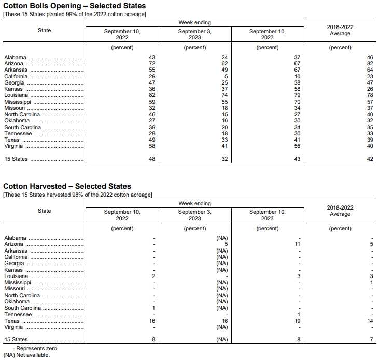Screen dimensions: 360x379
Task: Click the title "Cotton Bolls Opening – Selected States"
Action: coord(74,6)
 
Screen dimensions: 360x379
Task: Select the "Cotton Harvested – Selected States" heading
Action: coord(67,186)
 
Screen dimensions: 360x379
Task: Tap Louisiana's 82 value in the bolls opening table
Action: coord(151,95)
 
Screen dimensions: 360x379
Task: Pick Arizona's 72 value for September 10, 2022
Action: coord(151,63)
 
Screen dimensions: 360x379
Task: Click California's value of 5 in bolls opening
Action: coord(226,76)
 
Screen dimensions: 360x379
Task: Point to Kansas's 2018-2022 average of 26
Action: coord(370,89)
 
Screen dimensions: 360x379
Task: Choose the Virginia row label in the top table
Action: coord(13,146)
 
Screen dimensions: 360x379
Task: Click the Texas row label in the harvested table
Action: coord(12,321)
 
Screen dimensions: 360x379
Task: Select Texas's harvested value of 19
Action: coord(297,321)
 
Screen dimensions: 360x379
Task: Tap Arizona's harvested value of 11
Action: coord(297,244)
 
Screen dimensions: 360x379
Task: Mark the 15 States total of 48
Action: coord(151,159)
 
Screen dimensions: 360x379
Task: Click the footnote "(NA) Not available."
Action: coord(26,355)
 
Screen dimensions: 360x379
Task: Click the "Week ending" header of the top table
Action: coord(195,23)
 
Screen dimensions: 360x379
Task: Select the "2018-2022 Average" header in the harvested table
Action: coord(340,211)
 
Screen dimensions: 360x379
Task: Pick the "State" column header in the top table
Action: coord(45,30)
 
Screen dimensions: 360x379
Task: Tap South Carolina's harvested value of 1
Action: coord(153,308)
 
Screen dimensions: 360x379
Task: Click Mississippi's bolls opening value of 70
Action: coord(297,102)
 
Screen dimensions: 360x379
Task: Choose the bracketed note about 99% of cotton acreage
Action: coord(75,14)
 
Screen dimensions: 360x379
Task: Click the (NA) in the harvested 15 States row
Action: coord(222,340)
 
